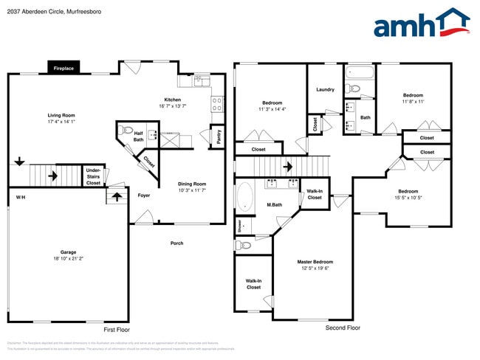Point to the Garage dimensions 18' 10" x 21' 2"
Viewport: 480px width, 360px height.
coord(69,259)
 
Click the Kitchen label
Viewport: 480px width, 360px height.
coord(172,100)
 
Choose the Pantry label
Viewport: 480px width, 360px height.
coord(219,136)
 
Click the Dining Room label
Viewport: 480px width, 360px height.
coord(191,184)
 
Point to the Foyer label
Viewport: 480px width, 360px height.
coord(144,195)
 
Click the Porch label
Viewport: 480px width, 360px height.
coord(176,243)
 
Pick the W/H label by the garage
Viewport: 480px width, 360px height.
coord(21,197)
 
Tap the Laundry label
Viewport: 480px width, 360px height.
coord(325,90)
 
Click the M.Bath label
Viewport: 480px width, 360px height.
coord(275,204)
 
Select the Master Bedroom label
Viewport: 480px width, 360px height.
coord(315,262)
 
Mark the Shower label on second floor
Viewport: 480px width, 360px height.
coord(239,225)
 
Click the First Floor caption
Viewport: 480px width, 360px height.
coord(116,329)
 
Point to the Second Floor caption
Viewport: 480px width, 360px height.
coord(343,327)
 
